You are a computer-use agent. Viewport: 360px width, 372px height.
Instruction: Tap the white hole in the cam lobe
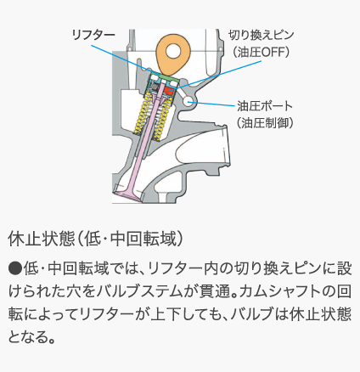click(173, 51)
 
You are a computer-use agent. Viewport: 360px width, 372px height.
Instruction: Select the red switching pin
click(170, 91)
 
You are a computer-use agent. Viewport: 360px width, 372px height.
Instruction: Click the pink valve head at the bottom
click(128, 195)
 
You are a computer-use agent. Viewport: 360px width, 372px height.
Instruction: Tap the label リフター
click(93, 36)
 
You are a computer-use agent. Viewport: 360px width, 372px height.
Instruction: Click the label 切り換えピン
click(262, 36)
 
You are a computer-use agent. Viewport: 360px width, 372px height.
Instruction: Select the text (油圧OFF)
click(261, 52)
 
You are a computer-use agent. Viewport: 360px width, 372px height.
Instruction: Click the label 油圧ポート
click(265, 106)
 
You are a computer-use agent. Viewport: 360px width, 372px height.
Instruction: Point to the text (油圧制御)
click(265, 123)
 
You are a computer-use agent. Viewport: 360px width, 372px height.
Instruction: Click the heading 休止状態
click(42, 240)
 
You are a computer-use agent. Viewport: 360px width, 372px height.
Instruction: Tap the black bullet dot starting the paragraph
click(15, 268)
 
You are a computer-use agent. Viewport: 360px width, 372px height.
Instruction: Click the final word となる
click(28, 337)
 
